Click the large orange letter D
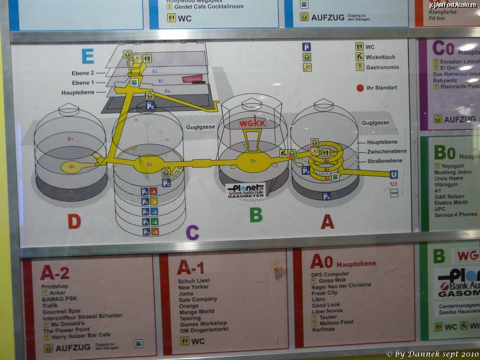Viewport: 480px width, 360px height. [x=74, y=221]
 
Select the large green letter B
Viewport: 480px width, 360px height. [x=256, y=215]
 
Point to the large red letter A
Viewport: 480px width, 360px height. [x=327, y=221]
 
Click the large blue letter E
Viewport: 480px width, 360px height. [x=87, y=56]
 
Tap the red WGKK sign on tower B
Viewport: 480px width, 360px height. [x=252, y=123]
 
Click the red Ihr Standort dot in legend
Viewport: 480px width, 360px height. [x=360, y=88]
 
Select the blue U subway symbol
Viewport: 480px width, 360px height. [x=394, y=174]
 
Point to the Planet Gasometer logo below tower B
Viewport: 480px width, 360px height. [x=245, y=190]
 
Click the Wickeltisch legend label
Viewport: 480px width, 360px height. [x=380, y=57]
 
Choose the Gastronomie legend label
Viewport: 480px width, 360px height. [x=382, y=67]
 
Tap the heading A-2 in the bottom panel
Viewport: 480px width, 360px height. [x=55, y=273]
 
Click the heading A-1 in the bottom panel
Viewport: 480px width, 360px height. [x=191, y=267]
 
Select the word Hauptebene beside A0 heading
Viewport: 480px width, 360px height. [x=356, y=264]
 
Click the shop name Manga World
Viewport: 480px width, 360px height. [x=196, y=312]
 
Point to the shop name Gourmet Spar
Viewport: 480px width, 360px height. [x=61, y=311]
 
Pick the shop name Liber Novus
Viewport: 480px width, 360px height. [x=327, y=311]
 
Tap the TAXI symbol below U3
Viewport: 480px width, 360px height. [x=394, y=193]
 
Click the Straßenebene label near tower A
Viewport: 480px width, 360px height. [x=386, y=161]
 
